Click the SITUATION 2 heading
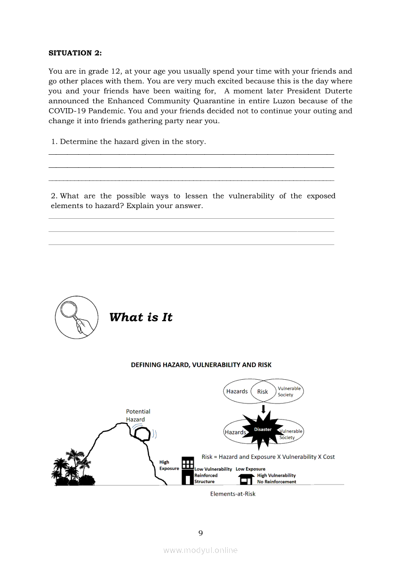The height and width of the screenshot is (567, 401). (x=75, y=53)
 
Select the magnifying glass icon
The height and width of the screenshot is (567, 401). (x=76, y=317)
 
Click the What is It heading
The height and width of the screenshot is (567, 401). (x=141, y=317)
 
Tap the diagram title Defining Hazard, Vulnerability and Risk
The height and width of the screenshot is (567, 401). (x=201, y=365)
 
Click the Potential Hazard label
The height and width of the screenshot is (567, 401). (x=138, y=415)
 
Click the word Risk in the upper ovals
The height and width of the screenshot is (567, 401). (x=263, y=391)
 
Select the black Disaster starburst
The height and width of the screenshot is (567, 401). (x=263, y=430)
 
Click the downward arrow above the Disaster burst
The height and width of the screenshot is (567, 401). (x=263, y=409)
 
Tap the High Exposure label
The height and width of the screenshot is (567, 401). (x=169, y=466)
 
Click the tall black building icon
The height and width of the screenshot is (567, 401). (x=187, y=470)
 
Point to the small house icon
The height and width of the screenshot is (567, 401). (x=247, y=479)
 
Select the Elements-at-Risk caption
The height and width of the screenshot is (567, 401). (x=233, y=494)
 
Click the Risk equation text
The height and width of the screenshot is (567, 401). (x=268, y=457)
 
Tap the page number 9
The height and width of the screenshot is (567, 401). (x=200, y=533)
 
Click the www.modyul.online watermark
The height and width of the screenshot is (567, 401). (x=200, y=550)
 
